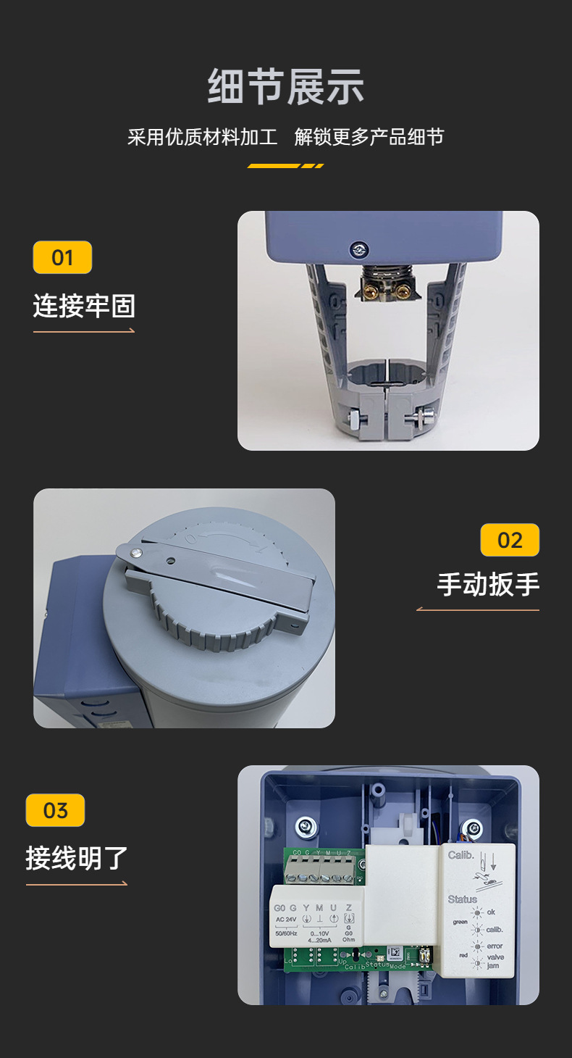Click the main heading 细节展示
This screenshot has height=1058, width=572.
point(285,88)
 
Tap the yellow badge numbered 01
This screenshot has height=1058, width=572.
point(62,257)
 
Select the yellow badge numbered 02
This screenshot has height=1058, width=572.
point(510,540)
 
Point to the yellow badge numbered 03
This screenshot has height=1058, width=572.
point(55,810)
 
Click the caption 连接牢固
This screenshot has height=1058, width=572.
point(84,306)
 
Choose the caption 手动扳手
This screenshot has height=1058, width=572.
point(488,584)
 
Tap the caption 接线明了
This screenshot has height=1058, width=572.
point(77,858)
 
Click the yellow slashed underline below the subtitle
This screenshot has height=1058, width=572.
point(285,166)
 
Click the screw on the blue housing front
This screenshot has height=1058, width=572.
point(358,249)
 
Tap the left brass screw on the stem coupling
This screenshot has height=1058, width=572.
point(369,292)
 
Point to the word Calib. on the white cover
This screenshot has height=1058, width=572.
point(460,855)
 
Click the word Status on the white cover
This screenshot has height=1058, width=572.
point(462,899)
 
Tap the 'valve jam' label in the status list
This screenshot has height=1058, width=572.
point(495,962)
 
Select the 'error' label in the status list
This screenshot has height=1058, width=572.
point(495,946)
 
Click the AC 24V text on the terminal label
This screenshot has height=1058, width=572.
point(286,920)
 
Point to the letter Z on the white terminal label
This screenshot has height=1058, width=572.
point(348,907)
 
